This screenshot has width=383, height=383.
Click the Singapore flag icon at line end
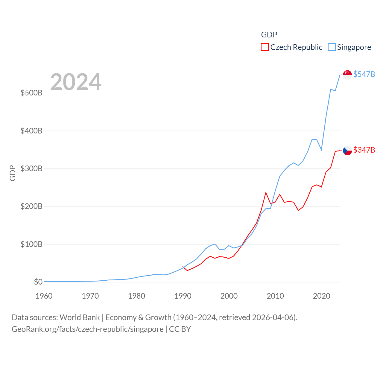click(x=347, y=75)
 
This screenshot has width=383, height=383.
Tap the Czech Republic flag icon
click(x=347, y=151)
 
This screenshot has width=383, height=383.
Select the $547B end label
click(x=364, y=74)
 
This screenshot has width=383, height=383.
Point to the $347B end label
click(x=364, y=150)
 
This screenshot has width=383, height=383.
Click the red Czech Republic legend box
click(x=265, y=47)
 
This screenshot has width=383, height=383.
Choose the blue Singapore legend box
click(x=332, y=47)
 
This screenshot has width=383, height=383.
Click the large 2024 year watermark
click(x=76, y=82)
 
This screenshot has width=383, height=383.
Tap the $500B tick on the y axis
click(x=31, y=93)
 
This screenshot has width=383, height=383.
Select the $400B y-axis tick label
click(x=31, y=131)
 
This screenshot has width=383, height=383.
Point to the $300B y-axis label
click(x=31, y=168)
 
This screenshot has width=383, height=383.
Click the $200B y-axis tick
click(x=31, y=206)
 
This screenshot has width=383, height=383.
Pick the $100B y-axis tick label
click(x=31, y=244)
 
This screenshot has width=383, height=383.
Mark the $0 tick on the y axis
click(x=38, y=282)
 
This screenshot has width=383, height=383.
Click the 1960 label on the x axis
click(x=44, y=296)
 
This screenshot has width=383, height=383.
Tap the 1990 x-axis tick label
click(x=183, y=296)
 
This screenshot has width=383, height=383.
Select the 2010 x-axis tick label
click(x=275, y=296)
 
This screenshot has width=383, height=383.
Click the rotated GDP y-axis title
click(x=13, y=173)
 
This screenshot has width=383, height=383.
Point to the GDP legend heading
click(x=269, y=35)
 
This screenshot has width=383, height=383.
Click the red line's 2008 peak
click(x=266, y=192)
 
